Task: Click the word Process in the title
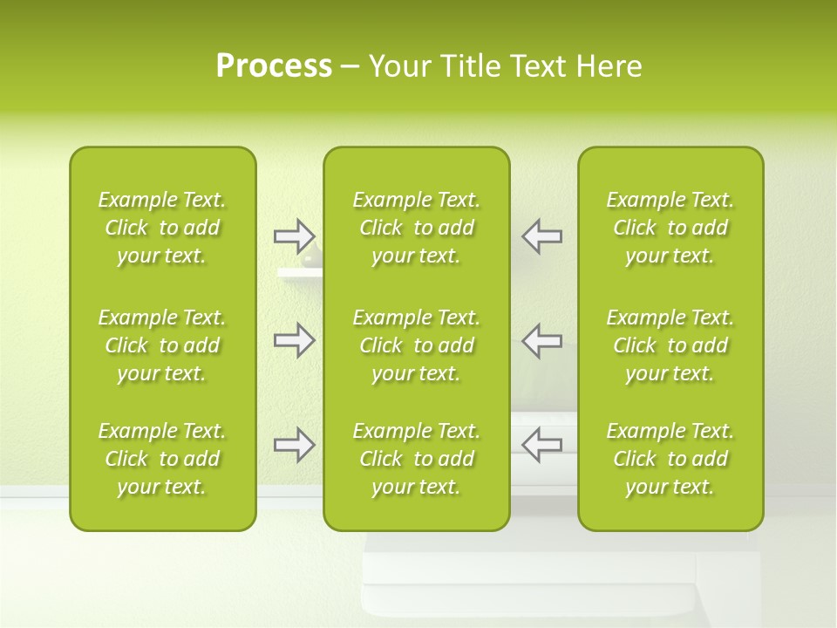coord(274,66)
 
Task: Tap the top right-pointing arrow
coord(294,235)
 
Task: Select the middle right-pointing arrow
coord(294,340)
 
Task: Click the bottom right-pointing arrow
coord(294,445)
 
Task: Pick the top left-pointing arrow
coord(541,235)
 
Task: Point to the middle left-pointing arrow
coord(541,340)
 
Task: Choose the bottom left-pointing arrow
coord(541,445)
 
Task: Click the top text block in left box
coord(162,228)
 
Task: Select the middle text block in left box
coord(162,345)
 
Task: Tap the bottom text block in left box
coord(162,459)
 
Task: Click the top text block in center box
coord(416,228)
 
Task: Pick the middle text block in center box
coord(416,345)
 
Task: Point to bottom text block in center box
coord(416,459)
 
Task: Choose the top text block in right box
coord(670,228)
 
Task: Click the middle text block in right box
coord(670,345)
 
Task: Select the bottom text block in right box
coord(670,459)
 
